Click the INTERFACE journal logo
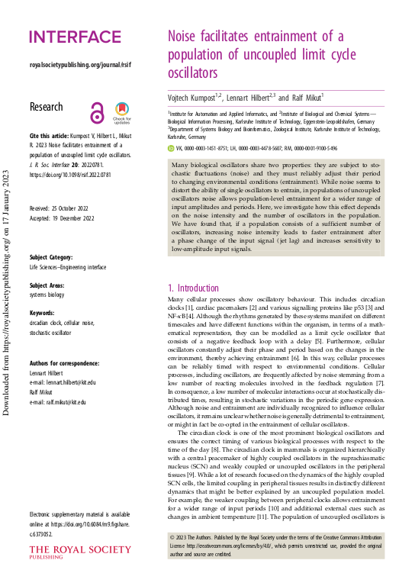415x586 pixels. coord(75,37)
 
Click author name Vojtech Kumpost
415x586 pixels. coord(195,98)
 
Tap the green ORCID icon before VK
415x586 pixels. coord(171,149)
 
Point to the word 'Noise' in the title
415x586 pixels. coord(188,37)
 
